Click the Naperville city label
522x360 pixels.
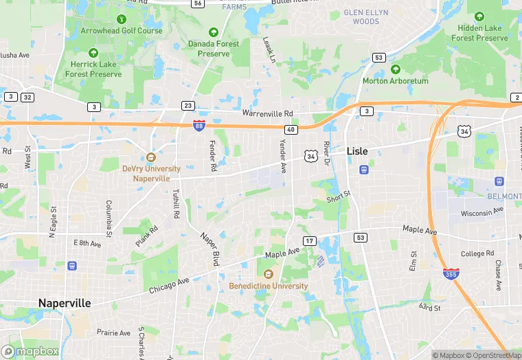pos(64,303)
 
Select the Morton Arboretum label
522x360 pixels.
pos(395,80)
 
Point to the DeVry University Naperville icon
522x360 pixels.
pos(151,157)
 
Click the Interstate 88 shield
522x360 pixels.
pos(198,124)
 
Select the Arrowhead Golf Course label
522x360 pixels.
pos(122,30)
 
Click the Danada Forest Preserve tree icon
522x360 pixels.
pos(213,32)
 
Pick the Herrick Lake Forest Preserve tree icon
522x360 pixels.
pos(93,53)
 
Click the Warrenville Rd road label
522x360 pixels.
pos(267,113)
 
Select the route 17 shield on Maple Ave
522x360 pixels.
pos(310,240)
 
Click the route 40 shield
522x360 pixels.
pos(291,128)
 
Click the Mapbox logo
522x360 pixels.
pos(31,351)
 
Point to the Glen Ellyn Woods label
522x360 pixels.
pos(365,16)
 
